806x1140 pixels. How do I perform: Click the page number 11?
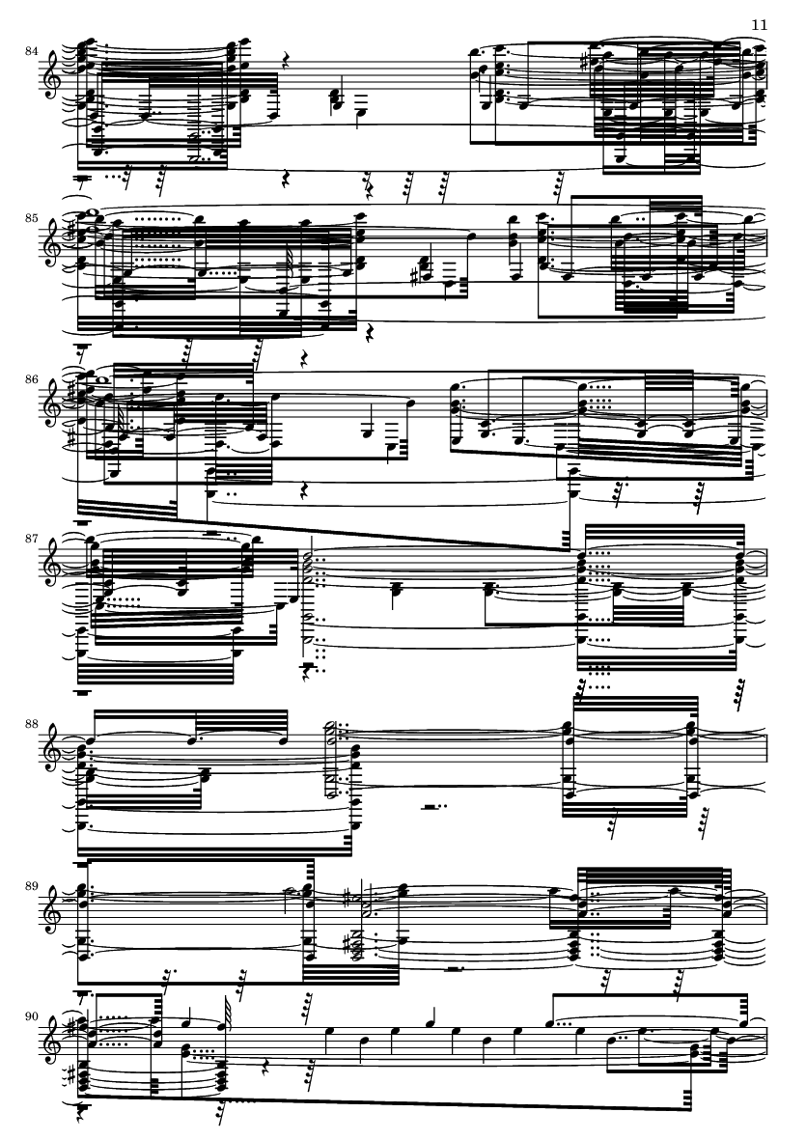[x=759, y=25]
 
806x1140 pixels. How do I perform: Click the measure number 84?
[x=31, y=51]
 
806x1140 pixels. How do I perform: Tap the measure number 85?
[x=31, y=217]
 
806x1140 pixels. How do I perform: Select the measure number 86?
[x=31, y=379]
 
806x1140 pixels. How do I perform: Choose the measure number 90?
[x=31, y=1015]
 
